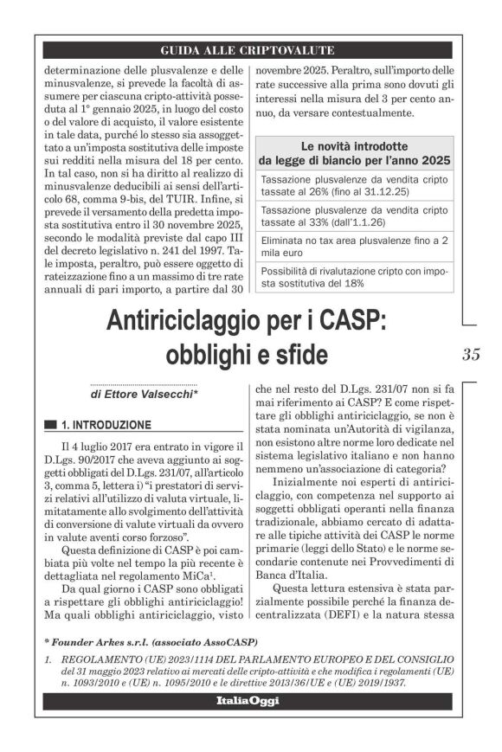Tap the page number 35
click(471, 353)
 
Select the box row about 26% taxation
click(354, 184)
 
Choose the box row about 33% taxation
click(354, 216)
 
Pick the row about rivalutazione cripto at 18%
click(354, 277)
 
